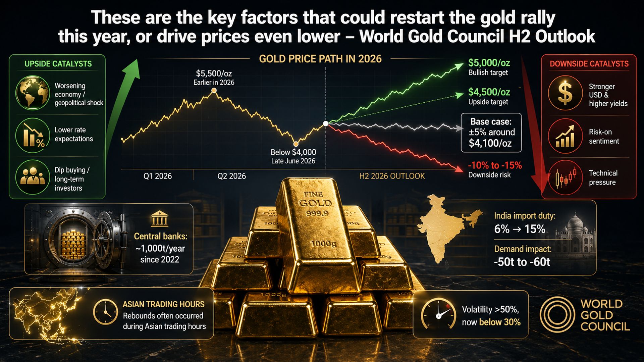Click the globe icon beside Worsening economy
coord(33,93)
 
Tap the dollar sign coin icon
coord(565,93)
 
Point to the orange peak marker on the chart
coord(214,91)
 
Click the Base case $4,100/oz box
coord(491,133)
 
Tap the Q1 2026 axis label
coord(158,176)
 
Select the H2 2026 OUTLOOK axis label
coord(392,176)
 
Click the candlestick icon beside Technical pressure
coord(565,177)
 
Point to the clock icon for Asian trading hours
coord(105,312)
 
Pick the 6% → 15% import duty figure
coord(520,229)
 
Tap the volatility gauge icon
coord(438,314)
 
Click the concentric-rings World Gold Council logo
coord(557,315)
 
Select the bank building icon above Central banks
coord(160,219)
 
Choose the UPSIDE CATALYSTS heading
coord(58,64)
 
